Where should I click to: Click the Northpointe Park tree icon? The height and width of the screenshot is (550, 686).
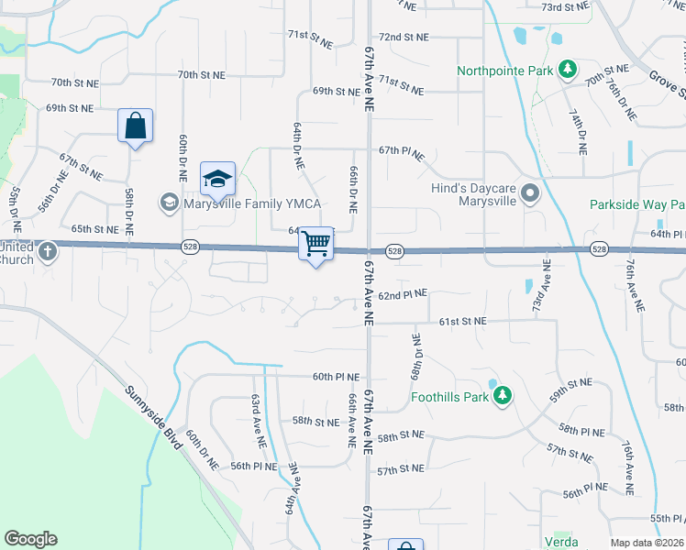coord(568,70)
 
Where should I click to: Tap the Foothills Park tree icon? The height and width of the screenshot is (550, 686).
coord(501,396)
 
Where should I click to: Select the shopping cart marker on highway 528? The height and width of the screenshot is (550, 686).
coord(316,244)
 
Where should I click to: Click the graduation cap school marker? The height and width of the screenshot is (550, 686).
coord(217,179)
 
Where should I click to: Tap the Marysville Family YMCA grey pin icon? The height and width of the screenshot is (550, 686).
coord(169,202)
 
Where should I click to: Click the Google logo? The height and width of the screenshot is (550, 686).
coord(30,539)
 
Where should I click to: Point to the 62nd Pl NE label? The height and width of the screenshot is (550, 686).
coord(404,293)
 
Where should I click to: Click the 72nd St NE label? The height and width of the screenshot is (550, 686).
coord(404,38)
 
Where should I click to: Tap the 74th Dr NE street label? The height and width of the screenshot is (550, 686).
coord(580,130)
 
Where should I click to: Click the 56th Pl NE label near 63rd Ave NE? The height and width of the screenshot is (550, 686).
coord(253,467)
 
